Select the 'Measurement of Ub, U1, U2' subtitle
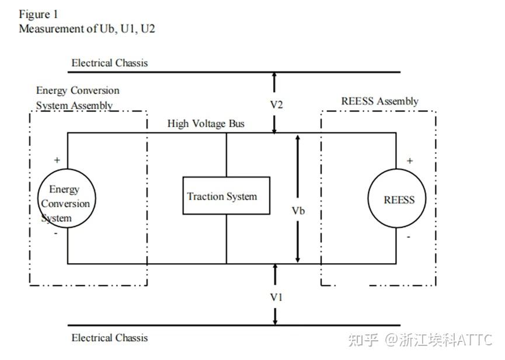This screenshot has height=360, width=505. (x=86, y=29)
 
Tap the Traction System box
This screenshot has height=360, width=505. (x=226, y=196)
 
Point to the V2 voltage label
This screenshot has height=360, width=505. (x=276, y=104)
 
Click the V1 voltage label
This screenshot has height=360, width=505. (x=276, y=297)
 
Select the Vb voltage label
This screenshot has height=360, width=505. (x=298, y=211)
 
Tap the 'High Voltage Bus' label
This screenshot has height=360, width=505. (x=206, y=124)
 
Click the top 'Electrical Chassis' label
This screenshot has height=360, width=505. (x=110, y=62)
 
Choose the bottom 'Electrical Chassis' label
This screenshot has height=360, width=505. (x=110, y=337)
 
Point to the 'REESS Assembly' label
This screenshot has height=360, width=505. (x=379, y=101)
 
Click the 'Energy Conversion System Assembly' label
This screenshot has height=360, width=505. (x=77, y=97)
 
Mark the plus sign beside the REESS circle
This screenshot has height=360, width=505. (x=409, y=160)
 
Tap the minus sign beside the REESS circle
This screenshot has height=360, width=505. (x=409, y=236)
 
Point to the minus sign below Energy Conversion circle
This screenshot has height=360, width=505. (x=55, y=233)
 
